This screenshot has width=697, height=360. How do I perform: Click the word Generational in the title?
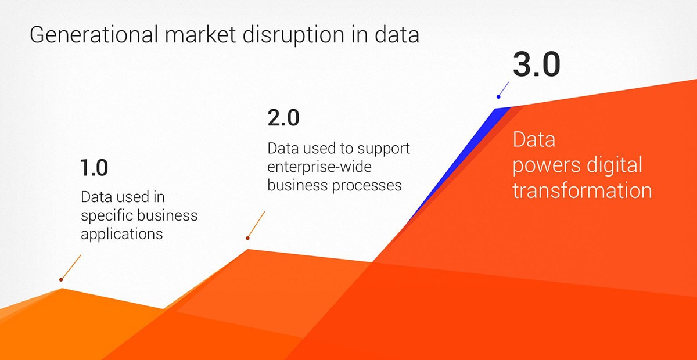[94, 34]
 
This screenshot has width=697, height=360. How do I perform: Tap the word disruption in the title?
[293, 35]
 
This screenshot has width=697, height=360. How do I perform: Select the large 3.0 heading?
[537, 64]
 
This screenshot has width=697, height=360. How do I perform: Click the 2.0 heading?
[283, 117]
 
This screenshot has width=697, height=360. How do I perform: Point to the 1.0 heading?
[94, 168]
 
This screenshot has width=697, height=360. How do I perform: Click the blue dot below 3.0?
[498, 97]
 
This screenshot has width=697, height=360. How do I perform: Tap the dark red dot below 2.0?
[247, 238]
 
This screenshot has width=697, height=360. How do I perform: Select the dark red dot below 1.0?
[61, 280]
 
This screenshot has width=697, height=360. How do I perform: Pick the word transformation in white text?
[582, 190]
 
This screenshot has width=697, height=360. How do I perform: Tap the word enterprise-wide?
[319, 167]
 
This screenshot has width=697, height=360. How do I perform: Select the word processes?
[367, 186]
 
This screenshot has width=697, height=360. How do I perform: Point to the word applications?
[121, 235]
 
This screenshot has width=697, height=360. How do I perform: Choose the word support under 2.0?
[383, 149]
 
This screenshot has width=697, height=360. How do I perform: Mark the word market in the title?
[200, 34]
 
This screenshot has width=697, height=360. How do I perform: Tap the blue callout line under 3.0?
[504, 89]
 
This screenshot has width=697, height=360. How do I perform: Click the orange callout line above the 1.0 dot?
[71, 267]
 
